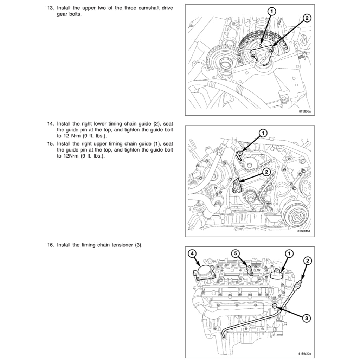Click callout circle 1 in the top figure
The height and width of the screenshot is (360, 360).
(272, 12)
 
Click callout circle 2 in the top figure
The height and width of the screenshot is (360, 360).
(306, 19)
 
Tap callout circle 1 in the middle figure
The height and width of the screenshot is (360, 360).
(263, 133)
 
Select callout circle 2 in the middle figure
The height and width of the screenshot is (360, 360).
(266, 172)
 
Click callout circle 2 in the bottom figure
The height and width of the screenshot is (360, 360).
(308, 261)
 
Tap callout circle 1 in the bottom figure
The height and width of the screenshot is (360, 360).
(289, 253)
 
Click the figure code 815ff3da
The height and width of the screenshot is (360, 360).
(304, 111)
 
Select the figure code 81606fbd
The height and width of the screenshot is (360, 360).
(304, 231)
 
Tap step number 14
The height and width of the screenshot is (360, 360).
(51, 124)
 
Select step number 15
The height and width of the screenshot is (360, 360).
(51, 144)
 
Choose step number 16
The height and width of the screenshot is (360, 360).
(51, 245)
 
